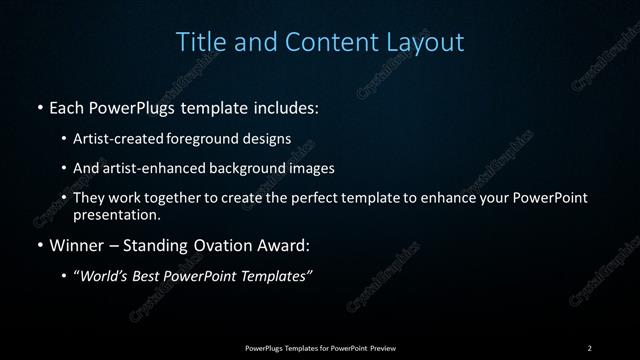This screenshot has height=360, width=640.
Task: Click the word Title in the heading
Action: click(x=198, y=42)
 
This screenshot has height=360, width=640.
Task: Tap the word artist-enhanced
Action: click(x=149, y=168)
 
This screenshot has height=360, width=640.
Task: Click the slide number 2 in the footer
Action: click(x=589, y=347)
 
